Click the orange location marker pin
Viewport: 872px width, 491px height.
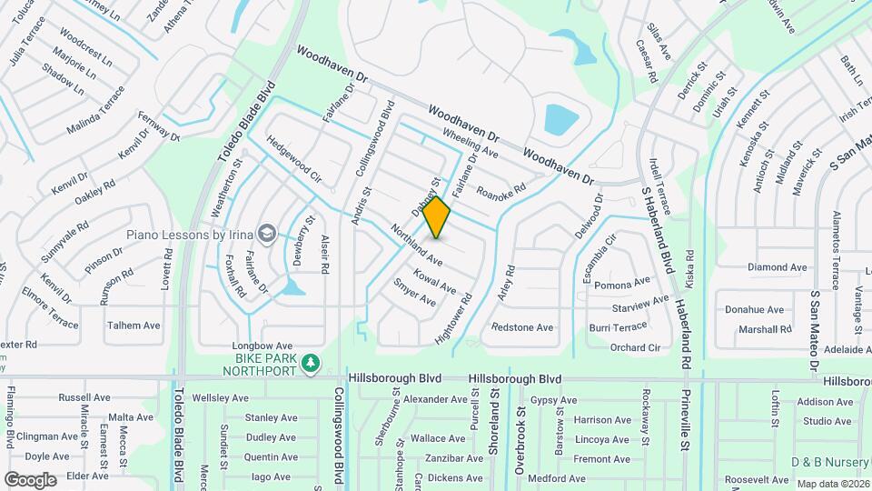click(437, 217)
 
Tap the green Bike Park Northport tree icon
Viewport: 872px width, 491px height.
click(311, 364)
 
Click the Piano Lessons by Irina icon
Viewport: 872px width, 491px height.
click(266, 235)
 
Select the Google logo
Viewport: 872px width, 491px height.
click(29, 479)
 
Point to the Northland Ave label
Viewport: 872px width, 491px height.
click(415, 245)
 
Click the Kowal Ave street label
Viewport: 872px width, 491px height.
click(434, 280)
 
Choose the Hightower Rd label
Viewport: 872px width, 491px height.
click(454, 317)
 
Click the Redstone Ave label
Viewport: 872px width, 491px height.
click(522, 327)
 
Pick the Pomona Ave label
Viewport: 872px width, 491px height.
click(623, 285)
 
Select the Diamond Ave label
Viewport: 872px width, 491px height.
click(777, 267)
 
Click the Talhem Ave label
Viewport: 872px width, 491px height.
click(134, 325)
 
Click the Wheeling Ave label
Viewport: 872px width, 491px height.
click(471, 142)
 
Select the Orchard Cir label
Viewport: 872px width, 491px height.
click(635, 347)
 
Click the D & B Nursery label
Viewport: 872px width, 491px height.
click(829, 462)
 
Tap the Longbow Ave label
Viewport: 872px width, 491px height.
click(263, 346)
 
